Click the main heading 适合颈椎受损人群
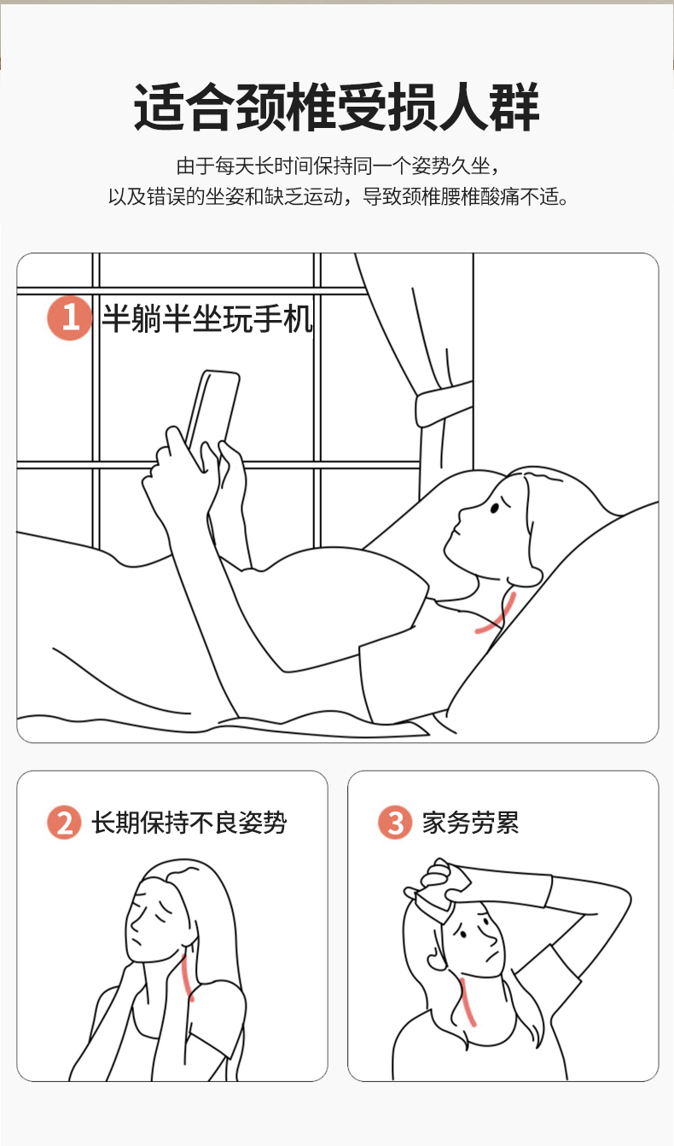point(336,107)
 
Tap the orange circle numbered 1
point(70,317)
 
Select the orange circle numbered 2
point(65,822)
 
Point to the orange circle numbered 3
point(395,822)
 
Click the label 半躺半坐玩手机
point(206,318)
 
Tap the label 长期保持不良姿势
point(189,823)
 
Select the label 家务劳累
point(470,823)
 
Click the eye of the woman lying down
point(495,508)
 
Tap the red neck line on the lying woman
point(496,613)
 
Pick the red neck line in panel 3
point(468,1002)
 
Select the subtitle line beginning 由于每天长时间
point(338,166)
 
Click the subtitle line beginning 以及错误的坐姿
point(338,196)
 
